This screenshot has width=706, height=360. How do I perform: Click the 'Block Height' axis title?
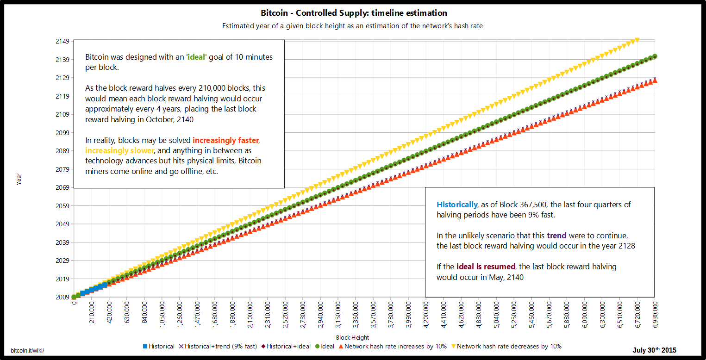(352, 337)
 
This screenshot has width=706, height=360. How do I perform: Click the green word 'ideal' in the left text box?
(196, 57)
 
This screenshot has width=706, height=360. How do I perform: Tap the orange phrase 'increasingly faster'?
(225, 140)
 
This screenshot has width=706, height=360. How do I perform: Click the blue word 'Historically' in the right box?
(456, 205)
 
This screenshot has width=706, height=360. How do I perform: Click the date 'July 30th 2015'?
(654, 350)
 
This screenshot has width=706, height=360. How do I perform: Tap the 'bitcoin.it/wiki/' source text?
(27, 351)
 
